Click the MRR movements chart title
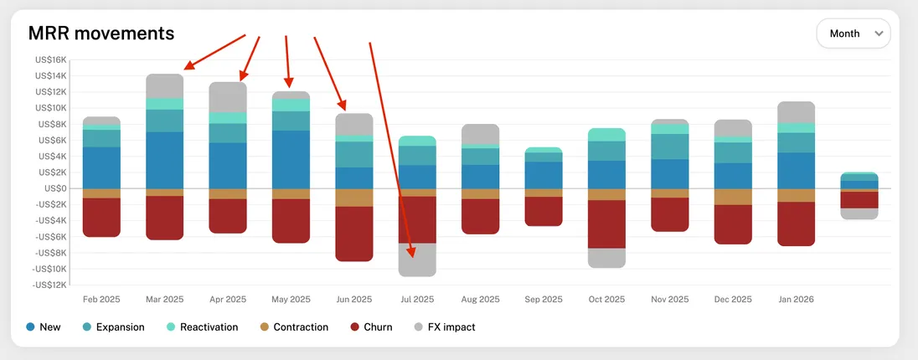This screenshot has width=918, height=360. [x=101, y=33]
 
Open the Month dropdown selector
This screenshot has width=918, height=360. [x=853, y=33]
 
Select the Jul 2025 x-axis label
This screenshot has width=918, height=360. [x=417, y=299]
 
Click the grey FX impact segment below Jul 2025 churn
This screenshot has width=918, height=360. [x=417, y=260]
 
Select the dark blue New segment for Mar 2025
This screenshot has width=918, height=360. [x=165, y=160]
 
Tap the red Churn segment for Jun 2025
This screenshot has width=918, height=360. [x=354, y=234]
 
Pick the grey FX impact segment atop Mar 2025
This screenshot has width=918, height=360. [x=165, y=85]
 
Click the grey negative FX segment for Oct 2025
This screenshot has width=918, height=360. [x=606, y=258]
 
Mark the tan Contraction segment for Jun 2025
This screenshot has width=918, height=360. [x=354, y=198]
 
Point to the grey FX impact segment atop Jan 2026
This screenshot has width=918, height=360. [x=796, y=112]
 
